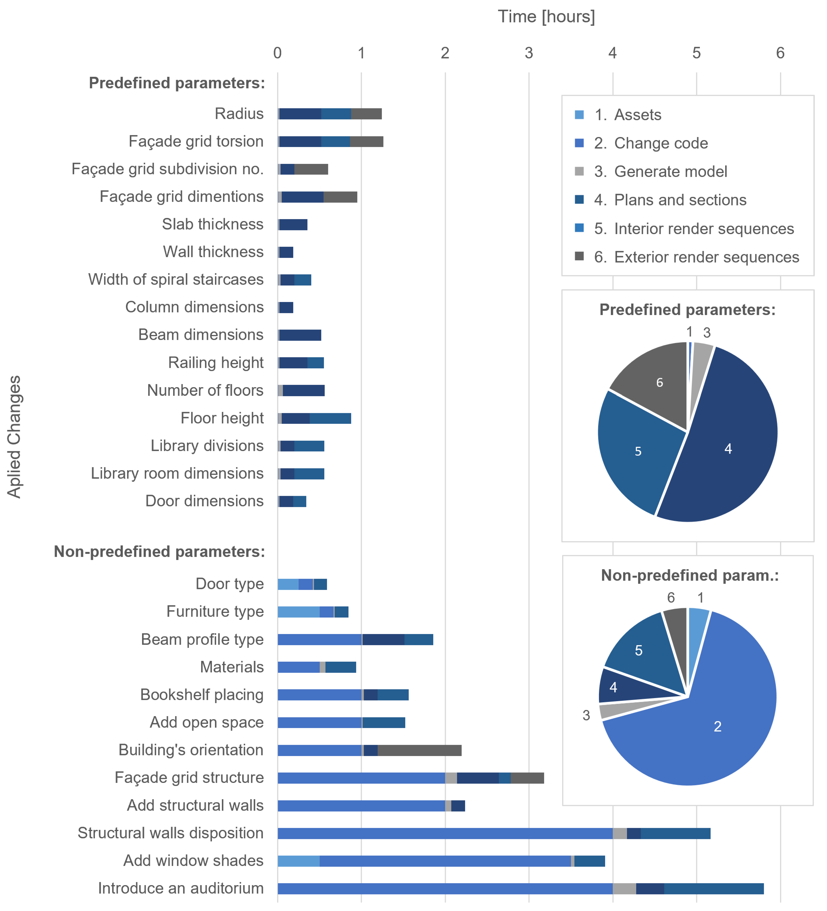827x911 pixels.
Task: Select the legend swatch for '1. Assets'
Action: (x=579, y=115)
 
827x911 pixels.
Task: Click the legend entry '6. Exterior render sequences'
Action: (x=696, y=257)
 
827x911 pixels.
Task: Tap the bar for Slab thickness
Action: (x=293, y=225)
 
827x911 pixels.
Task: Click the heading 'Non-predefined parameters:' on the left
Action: (x=159, y=552)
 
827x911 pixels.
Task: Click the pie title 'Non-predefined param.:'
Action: (x=690, y=575)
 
